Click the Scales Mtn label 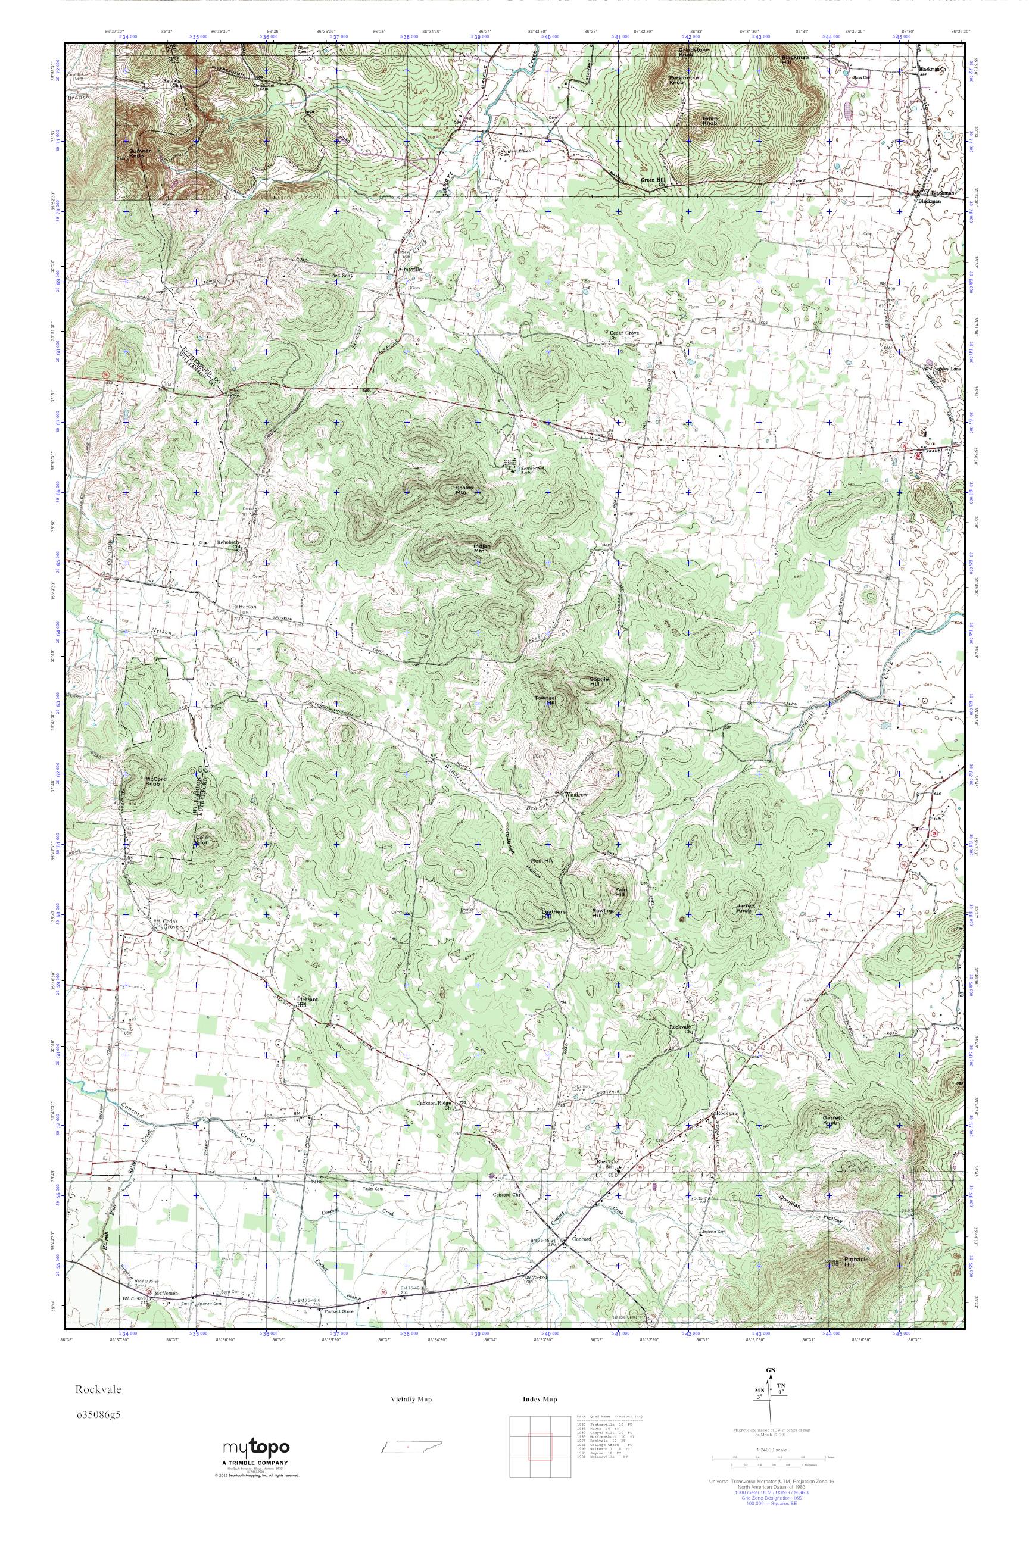(464, 490)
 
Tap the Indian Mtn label (482, 548)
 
